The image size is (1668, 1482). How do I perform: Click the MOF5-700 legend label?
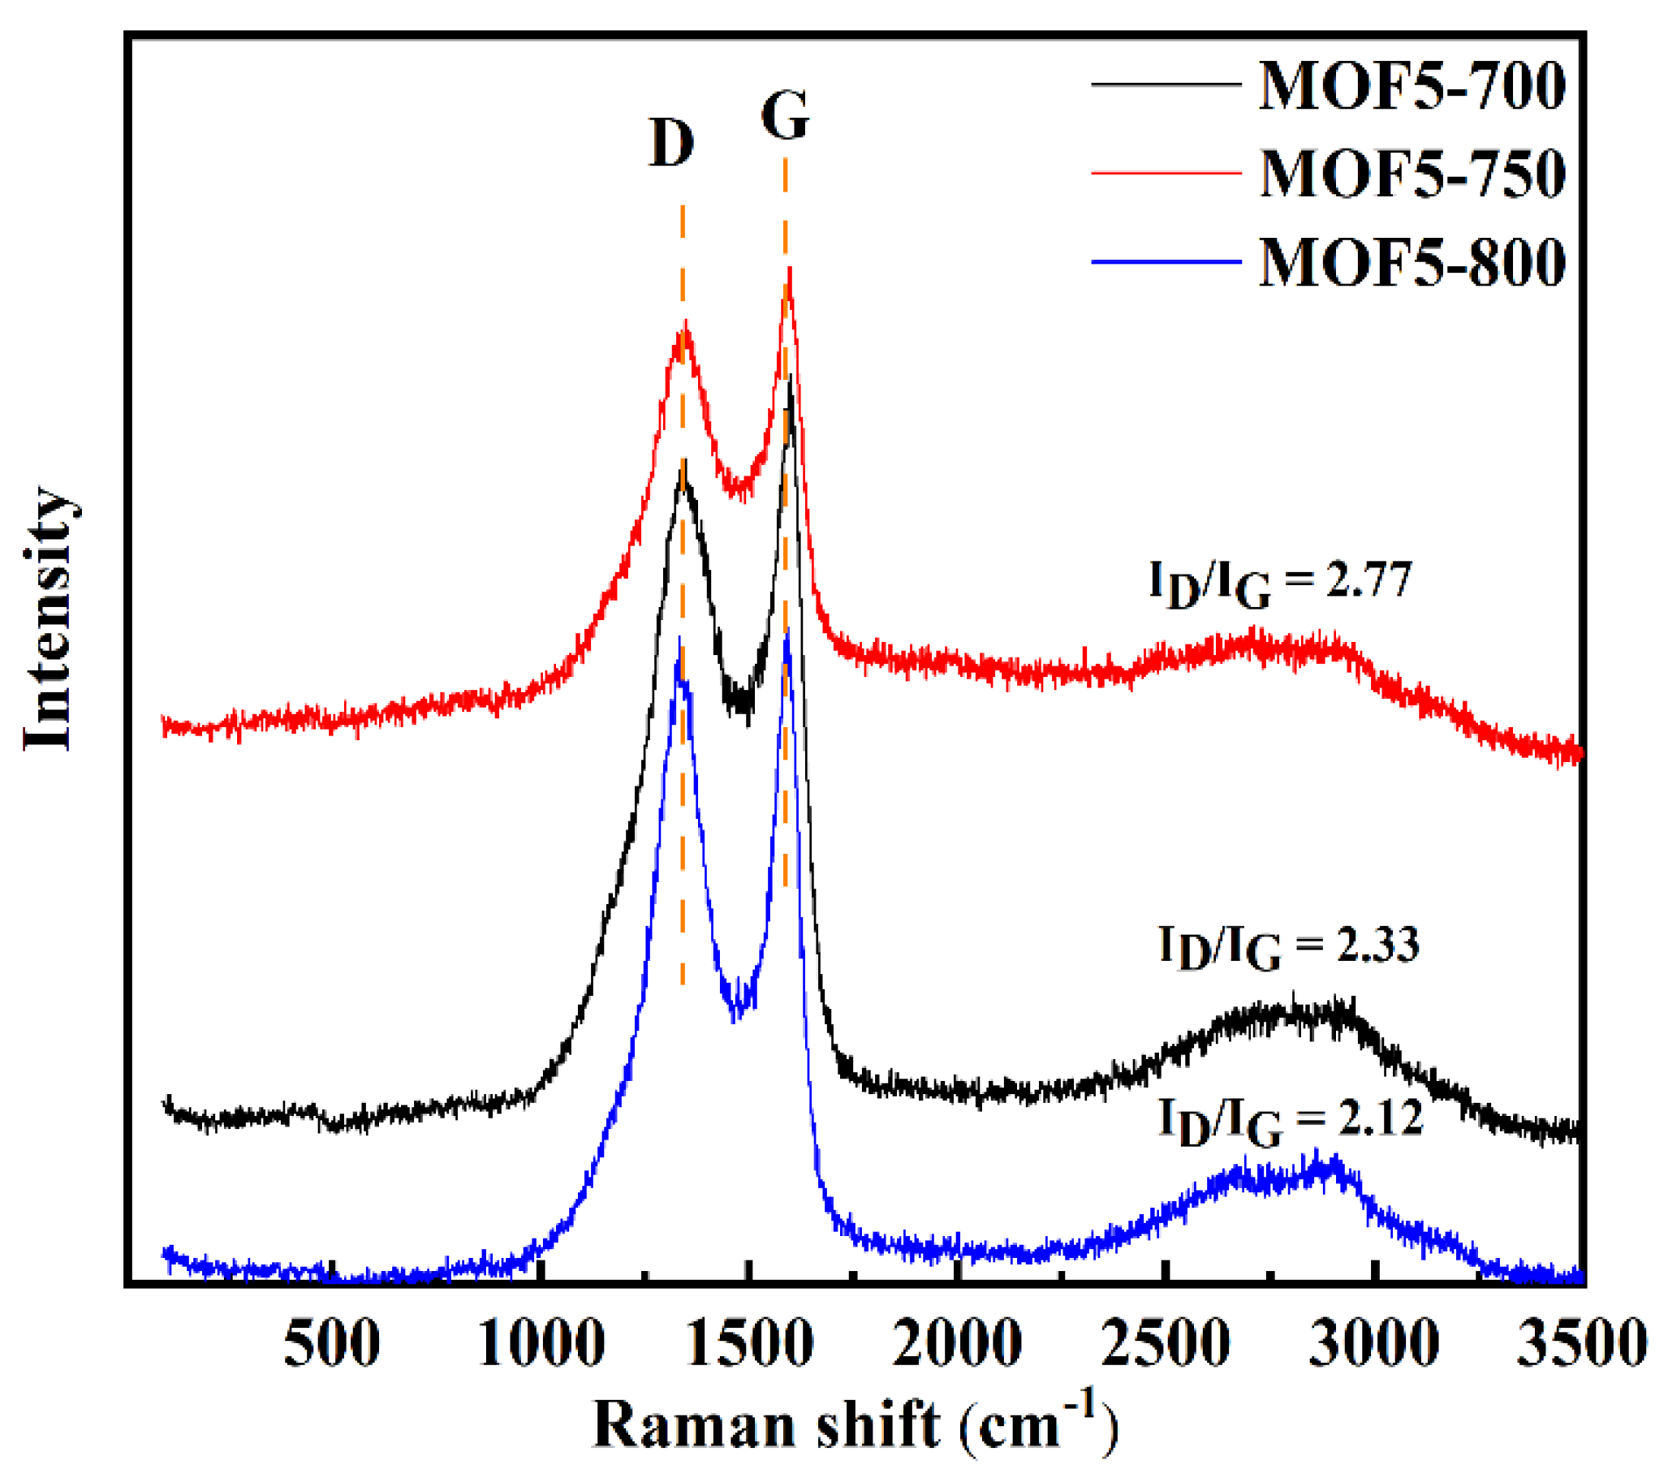(x=1412, y=87)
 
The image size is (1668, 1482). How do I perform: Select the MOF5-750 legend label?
(x=1412, y=174)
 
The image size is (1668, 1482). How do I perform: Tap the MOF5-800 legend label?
(x=1412, y=263)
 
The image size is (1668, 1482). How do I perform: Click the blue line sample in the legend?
(x=1166, y=262)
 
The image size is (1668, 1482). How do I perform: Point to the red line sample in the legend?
(x=1166, y=173)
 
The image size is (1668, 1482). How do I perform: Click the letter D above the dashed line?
(x=670, y=143)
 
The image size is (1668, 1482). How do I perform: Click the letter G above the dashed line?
(x=785, y=116)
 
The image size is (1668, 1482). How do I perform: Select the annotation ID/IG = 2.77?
(x=1280, y=584)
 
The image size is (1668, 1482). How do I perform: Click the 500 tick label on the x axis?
(x=331, y=1343)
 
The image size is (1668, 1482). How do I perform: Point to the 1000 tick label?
(x=541, y=1343)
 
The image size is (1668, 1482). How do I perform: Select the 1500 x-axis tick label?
(x=750, y=1343)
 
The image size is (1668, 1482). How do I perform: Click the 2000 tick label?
(x=957, y=1343)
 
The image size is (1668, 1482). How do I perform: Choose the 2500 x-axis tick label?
(x=1166, y=1343)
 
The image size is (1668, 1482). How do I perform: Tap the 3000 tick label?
(x=1374, y=1343)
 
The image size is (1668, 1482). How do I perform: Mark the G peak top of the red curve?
(x=789, y=272)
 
